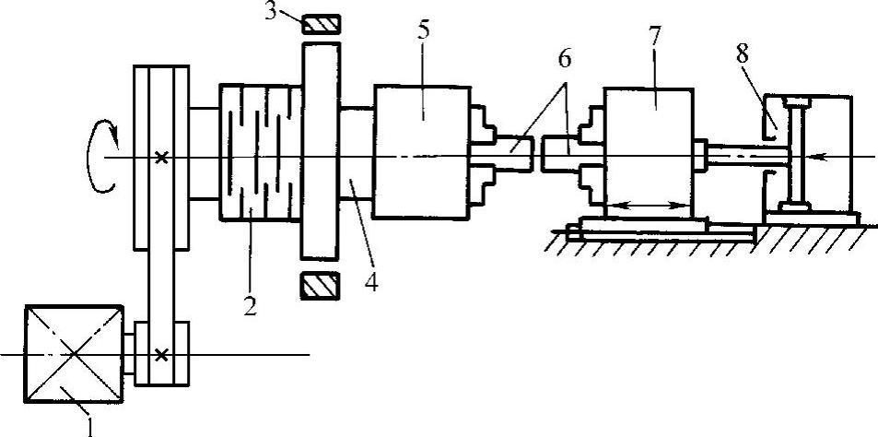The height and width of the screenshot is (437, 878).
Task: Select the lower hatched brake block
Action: pos(322,287)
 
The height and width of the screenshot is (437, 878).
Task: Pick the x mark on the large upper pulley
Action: pos(162,158)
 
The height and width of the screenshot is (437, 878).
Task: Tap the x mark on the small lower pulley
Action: pos(162,354)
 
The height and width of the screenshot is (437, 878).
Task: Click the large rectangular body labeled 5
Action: pos(419,152)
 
